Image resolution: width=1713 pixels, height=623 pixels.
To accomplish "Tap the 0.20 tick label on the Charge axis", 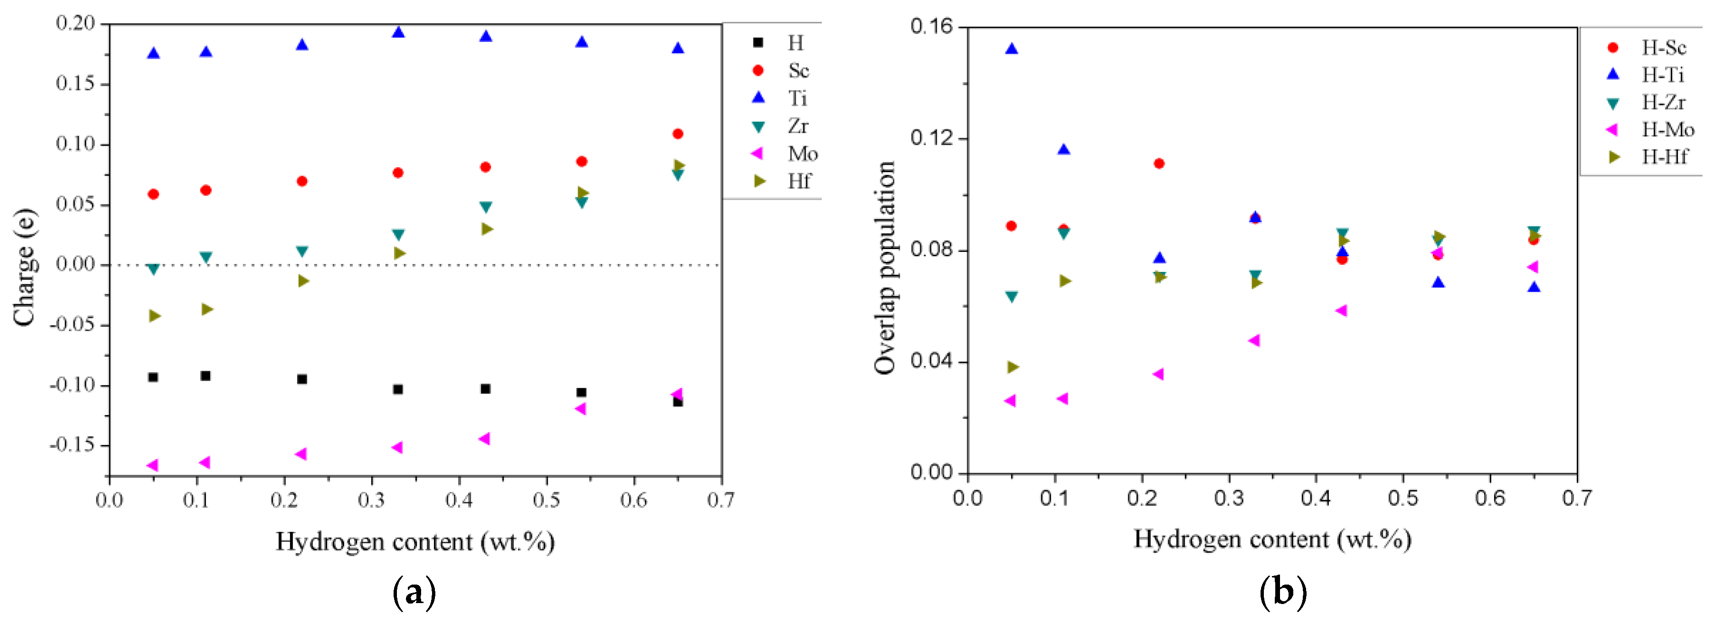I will (75, 23).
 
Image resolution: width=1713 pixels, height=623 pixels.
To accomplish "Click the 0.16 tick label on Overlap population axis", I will (931, 27).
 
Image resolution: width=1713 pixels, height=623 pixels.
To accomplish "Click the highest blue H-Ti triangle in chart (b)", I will (1011, 48).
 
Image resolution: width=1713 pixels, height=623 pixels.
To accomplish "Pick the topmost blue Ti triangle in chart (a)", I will (398, 32).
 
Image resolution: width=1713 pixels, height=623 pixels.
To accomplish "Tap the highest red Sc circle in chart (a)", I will (678, 134).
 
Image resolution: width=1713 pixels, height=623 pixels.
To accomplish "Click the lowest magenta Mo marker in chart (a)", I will (152, 465).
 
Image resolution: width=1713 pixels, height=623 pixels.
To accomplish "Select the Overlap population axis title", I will (885, 267).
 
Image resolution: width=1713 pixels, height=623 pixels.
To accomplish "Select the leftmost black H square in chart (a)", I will (153, 377).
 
